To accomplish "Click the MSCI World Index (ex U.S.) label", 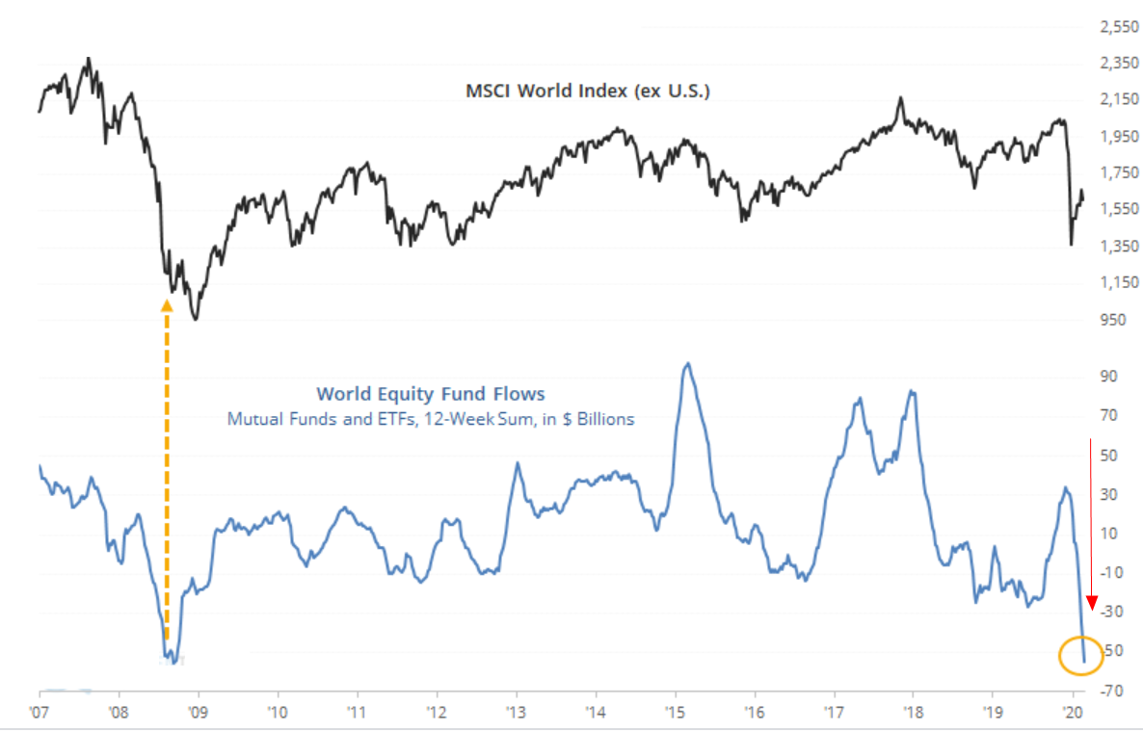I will [588, 91].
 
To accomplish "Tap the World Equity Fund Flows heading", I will [431, 394].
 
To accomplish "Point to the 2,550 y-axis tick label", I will [1119, 27].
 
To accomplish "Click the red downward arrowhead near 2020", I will [1091, 603].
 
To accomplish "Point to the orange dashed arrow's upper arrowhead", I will [166, 305].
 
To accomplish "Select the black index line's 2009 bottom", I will [197, 319].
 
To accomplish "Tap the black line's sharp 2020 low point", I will [1072, 245].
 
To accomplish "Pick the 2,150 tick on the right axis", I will [1119, 100].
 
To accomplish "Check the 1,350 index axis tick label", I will [1119, 247].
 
